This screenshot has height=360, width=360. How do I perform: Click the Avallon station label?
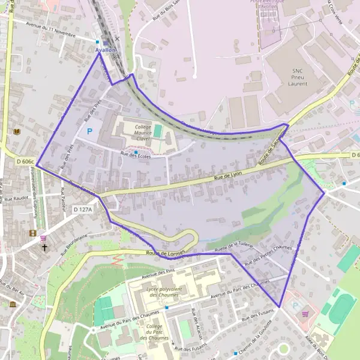click(x=106, y=50)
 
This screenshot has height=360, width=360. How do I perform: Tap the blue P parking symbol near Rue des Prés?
click(x=91, y=131)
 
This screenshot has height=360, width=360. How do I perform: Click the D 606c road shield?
click(x=25, y=161)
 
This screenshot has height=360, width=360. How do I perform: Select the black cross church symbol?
click(x=44, y=247)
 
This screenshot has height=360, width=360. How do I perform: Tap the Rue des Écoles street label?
click(x=134, y=155)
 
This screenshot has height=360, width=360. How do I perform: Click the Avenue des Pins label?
click(x=160, y=273)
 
